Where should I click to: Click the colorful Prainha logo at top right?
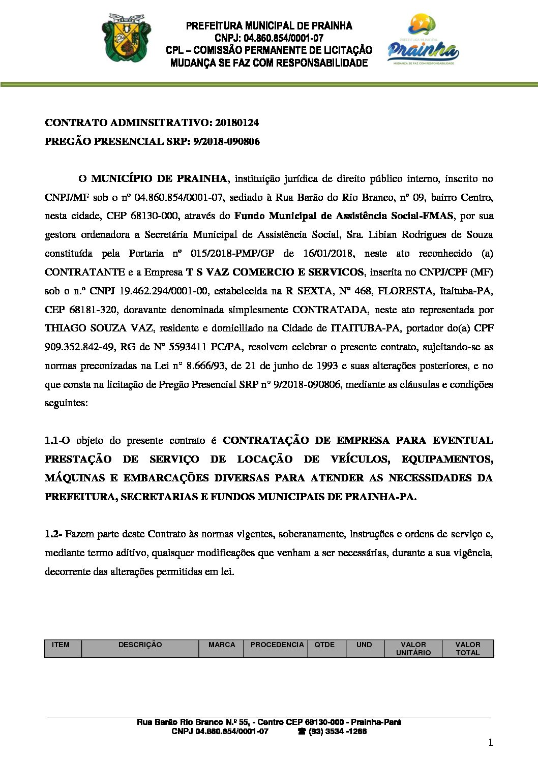(x=423, y=41)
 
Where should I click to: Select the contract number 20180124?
(x=236, y=123)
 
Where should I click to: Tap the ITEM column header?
(x=61, y=645)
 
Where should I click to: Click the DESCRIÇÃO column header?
(x=140, y=645)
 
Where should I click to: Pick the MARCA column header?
(x=222, y=645)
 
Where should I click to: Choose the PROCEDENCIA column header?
(x=277, y=645)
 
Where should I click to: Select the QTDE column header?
(x=324, y=645)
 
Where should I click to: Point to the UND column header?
(x=364, y=645)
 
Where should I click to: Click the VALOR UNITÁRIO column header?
(x=413, y=648)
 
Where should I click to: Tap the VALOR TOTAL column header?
(x=468, y=648)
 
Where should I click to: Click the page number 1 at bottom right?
(x=490, y=743)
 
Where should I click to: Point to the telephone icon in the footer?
(x=302, y=732)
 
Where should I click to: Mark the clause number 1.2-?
(x=53, y=534)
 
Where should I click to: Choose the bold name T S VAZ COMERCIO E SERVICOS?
(x=275, y=272)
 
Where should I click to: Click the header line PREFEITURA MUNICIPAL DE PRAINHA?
(x=269, y=25)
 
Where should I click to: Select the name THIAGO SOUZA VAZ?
(x=84, y=328)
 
